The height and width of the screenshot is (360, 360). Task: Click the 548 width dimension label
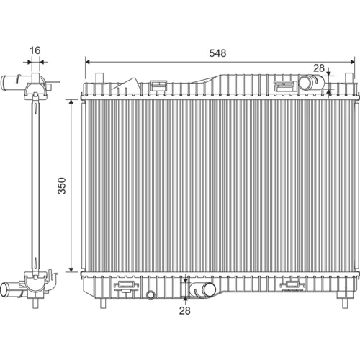tap(217, 53)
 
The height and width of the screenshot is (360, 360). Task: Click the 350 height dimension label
tap(62, 186)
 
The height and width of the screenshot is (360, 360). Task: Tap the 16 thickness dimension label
tap(35, 50)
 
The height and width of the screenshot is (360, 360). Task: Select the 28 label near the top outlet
tap(319, 68)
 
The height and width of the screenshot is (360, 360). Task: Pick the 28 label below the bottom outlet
tap(184, 310)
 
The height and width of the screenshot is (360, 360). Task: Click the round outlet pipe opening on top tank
tap(306, 83)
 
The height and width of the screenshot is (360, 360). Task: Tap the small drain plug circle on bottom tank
tap(150, 294)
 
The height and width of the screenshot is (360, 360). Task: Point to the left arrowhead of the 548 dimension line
tap(88, 62)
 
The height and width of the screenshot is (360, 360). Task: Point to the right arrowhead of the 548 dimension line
tap(352, 62)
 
